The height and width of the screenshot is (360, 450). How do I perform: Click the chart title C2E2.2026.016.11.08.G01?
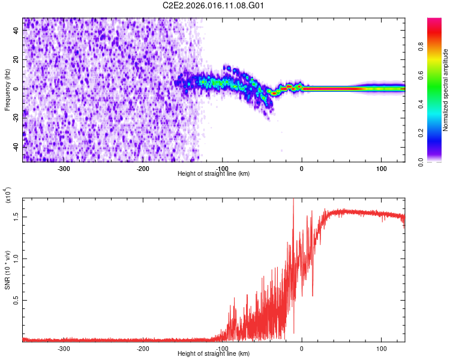(214, 5)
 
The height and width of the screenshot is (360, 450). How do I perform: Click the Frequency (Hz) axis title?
(7, 90)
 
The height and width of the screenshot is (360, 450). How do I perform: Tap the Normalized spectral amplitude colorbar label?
(446, 90)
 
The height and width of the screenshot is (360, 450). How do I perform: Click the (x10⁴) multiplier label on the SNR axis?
(7, 196)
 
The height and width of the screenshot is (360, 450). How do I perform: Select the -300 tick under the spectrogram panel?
(64, 169)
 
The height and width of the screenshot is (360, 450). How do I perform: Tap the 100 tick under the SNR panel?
(381, 349)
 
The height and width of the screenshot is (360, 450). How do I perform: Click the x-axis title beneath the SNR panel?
(214, 355)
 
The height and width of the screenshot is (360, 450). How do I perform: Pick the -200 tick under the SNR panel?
(143, 349)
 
